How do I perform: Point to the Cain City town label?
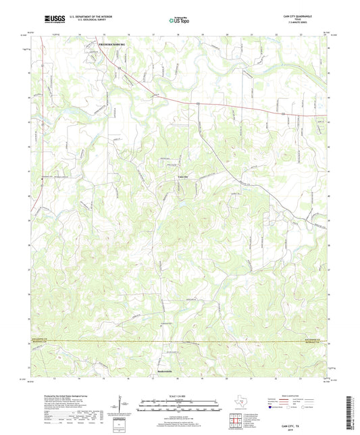pos(183,176)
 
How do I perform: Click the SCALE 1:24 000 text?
pos(180,396)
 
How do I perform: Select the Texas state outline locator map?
pos(238,403)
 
